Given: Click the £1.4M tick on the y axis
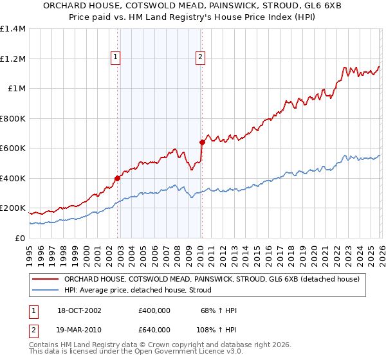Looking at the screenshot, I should coord(13,29).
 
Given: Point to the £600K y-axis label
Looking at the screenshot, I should coord(13,148).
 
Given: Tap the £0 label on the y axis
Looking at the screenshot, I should coord(21,238).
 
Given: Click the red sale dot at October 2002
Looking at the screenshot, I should coord(118,179).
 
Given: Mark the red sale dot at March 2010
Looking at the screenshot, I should coord(202,143).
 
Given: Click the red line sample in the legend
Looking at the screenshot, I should coord(46,279).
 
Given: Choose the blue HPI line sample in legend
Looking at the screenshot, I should coord(46,291).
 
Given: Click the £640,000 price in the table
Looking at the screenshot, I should coord(154,329).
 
